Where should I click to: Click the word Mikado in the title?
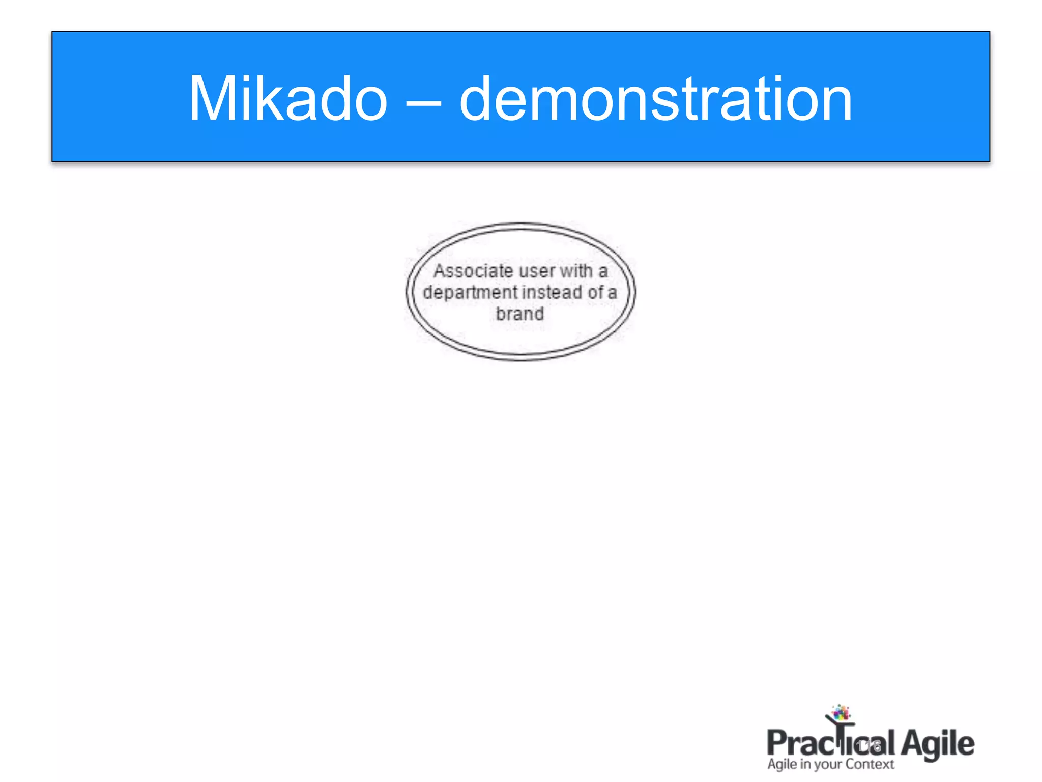coord(288,99)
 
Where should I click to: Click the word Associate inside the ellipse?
coord(473,271)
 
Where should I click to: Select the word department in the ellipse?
coord(470,293)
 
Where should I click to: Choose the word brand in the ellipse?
coord(520,314)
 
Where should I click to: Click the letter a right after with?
coord(603,272)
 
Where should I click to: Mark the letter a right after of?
coord(612,293)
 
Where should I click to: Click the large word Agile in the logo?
coord(937,744)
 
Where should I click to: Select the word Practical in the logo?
coord(830,743)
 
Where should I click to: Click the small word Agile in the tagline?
coord(782,765)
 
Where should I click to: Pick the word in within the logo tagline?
coord(805,764)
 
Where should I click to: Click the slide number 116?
coord(869,746)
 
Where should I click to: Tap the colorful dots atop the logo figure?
coord(841,712)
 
